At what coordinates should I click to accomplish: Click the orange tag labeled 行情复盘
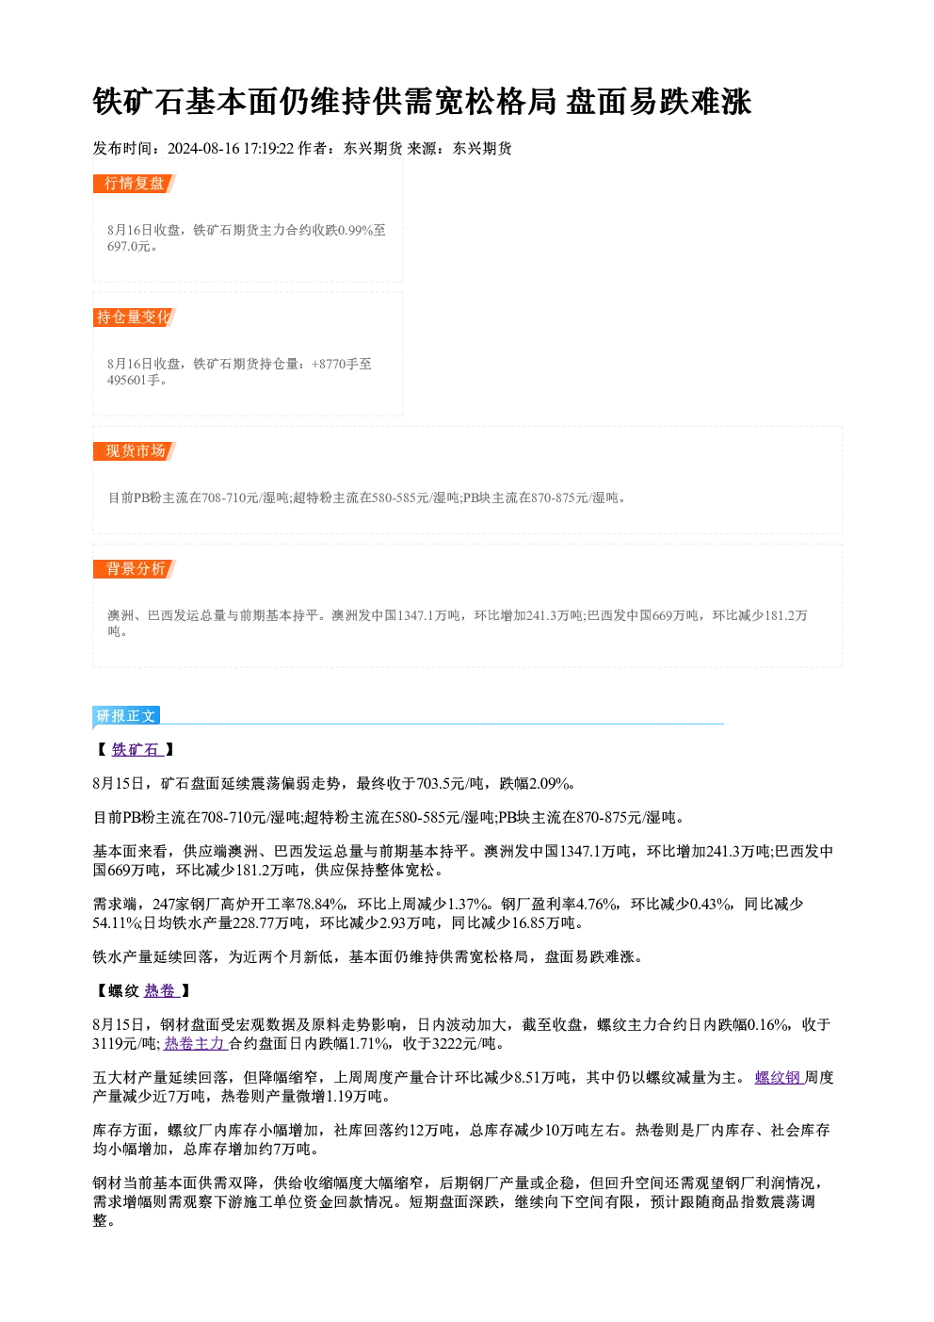click(x=135, y=184)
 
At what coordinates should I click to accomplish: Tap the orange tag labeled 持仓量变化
click(x=135, y=318)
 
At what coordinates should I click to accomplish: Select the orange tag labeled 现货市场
click(x=135, y=451)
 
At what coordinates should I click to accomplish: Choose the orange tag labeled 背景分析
click(x=135, y=569)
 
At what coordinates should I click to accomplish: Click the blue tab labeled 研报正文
click(x=126, y=716)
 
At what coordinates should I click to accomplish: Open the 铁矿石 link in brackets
click(x=137, y=749)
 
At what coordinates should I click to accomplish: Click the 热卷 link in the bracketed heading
click(x=162, y=990)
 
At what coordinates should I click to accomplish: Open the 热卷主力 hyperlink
click(x=196, y=1043)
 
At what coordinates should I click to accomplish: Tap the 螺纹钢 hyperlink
click(x=780, y=1078)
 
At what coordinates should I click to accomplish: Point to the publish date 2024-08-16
click(x=203, y=148)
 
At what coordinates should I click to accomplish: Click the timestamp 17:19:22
click(x=268, y=148)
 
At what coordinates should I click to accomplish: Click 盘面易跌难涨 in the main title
click(x=659, y=102)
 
